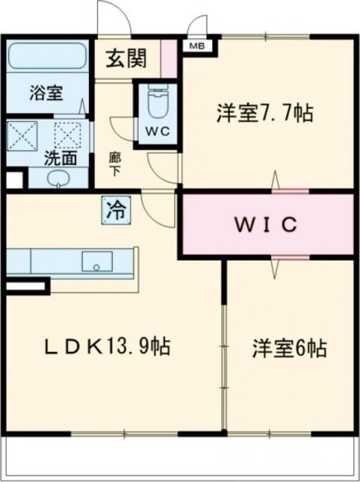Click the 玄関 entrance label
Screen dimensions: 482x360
[x=126, y=58]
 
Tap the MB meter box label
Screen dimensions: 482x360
[x=197, y=45]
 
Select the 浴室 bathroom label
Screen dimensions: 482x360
[x=46, y=94]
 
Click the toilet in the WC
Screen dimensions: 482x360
[x=157, y=105]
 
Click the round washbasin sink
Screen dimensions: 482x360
[x=59, y=179]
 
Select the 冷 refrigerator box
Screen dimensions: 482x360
[x=116, y=209]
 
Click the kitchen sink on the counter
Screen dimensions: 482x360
[x=96, y=261]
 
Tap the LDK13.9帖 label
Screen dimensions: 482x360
[x=105, y=347]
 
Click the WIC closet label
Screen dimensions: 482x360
[x=266, y=224]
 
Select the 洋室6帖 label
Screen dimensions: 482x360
[x=288, y=350]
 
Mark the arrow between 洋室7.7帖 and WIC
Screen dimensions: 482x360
[x=276, y=183]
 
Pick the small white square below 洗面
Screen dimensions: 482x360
[x=14, y=181]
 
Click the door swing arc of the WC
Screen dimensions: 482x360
[x=121, y=128]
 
